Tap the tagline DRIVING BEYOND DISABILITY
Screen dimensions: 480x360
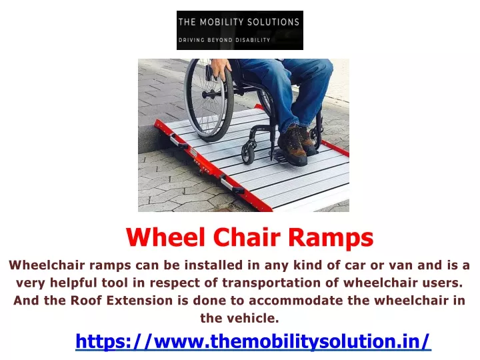(x=225, y=40)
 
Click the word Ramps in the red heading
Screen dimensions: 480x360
(x=331, y=238)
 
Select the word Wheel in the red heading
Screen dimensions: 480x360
(x=165, y=237)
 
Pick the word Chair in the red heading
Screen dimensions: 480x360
(x=247, y=237)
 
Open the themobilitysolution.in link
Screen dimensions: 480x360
(x=253, y=341)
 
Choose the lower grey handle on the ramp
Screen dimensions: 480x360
(x=232, y=185)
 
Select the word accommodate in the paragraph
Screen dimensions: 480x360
(x=296, y=300)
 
